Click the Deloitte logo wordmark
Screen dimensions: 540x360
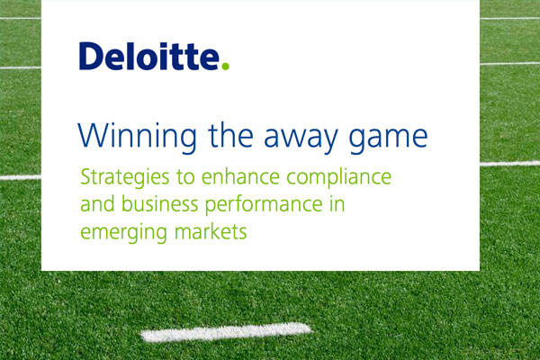click(154, 56)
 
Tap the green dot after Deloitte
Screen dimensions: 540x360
click(225, 66)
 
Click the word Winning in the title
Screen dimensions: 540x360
click(137, 137)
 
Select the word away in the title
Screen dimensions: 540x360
click(301, 139)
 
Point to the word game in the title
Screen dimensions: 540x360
click(388, 139)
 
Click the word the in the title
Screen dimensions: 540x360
click(230, 135)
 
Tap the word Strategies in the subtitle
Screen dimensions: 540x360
click(125, 178)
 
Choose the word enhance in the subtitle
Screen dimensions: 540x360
click(240, 176)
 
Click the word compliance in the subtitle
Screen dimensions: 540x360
click(339, 178)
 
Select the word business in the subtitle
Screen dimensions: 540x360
click(160, 204)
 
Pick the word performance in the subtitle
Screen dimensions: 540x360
click(264, 205)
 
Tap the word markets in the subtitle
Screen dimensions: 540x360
click(211, 231)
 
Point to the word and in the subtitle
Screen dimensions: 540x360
click(97, 204)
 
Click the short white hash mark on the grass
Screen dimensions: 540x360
click(226, 332)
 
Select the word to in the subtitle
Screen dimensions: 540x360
click(185, 178)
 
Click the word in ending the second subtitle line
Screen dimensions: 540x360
click(337, 204)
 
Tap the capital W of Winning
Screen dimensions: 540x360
click(91, 135)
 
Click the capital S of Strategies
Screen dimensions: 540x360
click(85, 177)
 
